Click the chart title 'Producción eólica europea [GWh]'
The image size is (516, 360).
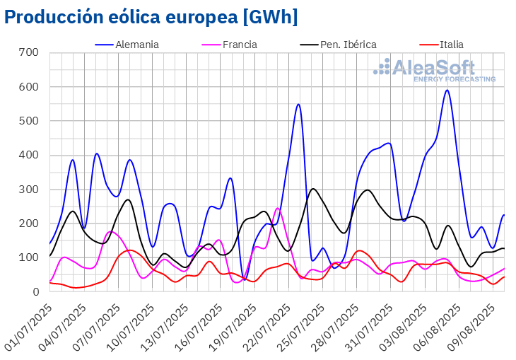[151, 17]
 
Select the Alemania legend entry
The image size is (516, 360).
[127, 45]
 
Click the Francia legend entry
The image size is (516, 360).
[229, 45]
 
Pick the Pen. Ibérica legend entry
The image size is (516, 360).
[339, 45]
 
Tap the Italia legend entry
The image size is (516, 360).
[442, 45]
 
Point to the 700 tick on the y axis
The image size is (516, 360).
[29, 52]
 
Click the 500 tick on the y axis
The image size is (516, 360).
[29, 120]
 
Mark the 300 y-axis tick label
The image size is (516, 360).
[29, 189]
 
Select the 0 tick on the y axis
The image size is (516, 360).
[36, 291]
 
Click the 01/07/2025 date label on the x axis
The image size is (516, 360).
[29, 327]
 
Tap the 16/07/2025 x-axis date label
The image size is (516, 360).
[199, 327]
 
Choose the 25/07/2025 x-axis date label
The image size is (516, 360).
[301, 327]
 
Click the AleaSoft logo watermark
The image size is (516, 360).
[435, 70]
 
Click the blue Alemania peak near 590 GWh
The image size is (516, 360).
[447, 90]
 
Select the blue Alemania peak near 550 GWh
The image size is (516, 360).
[298, 104]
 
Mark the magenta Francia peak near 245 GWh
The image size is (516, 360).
[277, 208]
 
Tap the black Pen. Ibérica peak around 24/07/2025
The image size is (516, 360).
[313, 189]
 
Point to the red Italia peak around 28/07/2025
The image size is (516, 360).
[359, 250]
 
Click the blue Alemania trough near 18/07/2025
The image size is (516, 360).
[244, 279]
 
